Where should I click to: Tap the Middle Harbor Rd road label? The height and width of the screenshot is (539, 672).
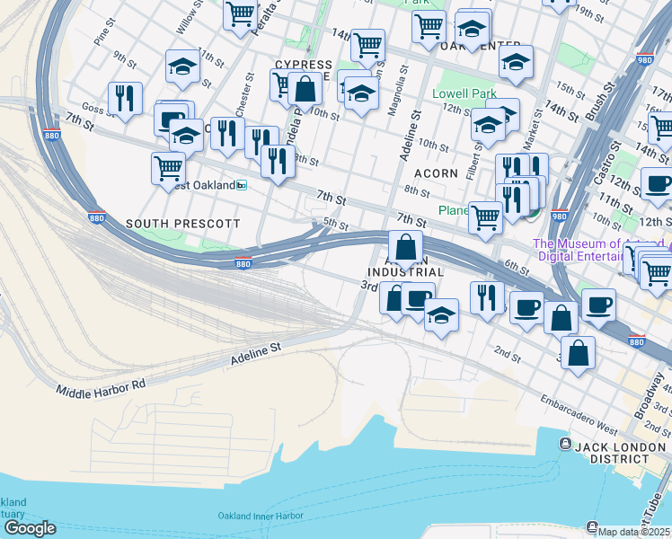[101, 387]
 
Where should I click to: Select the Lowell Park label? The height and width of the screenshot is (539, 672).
[464, 93]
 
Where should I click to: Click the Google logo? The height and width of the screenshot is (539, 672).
[29, 528]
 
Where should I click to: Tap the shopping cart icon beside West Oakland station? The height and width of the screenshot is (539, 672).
[169, 166]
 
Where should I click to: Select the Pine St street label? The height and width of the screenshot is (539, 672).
[102, 37]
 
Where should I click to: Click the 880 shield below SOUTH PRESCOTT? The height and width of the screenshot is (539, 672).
[243, 263]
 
